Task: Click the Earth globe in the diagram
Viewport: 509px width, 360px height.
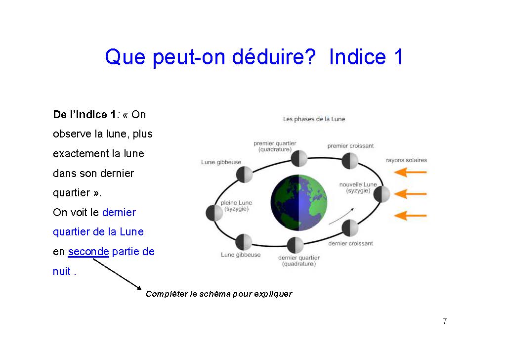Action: (298, 202)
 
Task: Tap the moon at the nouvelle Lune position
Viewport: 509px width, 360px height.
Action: (382, 194)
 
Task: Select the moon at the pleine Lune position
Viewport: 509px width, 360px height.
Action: (214, 213)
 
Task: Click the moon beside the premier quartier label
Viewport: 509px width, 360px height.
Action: (299, 159)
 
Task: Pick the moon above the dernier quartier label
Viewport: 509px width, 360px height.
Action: (295, 245)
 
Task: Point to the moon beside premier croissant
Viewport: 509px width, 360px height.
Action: (350, 161)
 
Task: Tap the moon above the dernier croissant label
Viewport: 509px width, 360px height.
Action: (350, 228)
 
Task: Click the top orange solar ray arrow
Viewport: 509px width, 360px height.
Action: (410, 172)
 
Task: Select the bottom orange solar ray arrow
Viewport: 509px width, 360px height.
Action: (410, 216)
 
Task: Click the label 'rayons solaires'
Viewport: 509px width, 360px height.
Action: (406, 160)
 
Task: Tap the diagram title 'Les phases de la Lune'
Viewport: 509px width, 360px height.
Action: (314, 119)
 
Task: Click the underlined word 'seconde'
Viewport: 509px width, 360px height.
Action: (88, 252)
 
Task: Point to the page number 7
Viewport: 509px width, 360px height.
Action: (445, 321)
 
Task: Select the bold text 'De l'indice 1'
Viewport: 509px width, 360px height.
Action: (85, 114)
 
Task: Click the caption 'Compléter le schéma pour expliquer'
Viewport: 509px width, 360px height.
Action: (219, 294)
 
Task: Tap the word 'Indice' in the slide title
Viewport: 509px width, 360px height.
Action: (357, 57)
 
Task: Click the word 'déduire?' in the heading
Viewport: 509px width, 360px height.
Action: (274, 57)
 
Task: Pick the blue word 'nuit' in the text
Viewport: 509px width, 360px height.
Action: (62, 271)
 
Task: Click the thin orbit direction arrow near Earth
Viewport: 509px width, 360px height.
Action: (341, 217)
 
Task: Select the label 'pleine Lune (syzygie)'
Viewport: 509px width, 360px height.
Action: (236, 206)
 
